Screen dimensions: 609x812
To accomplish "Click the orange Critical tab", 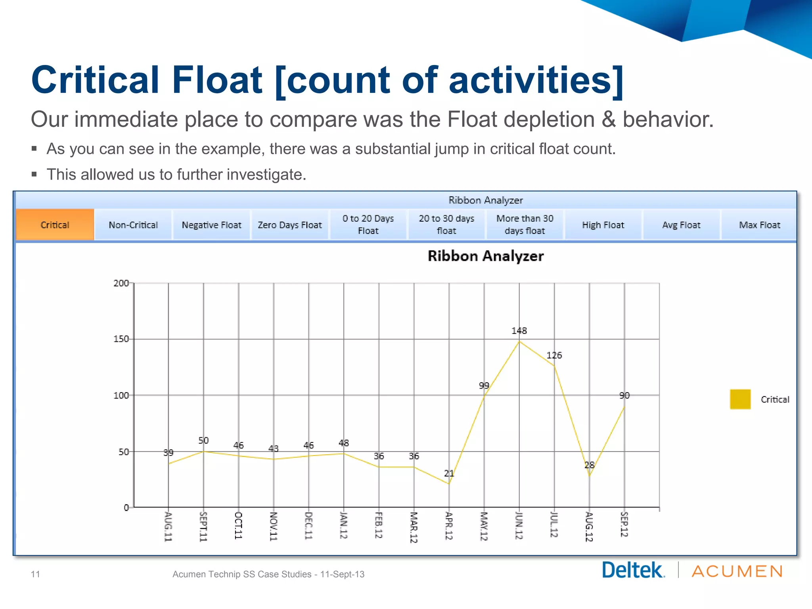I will pos(55,225).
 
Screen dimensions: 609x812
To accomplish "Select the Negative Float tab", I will pos(211,225).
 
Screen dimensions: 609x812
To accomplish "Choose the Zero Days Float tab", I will pos(290,225).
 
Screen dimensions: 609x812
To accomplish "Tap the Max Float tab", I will pos(759,225).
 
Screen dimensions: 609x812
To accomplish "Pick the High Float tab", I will pos(603,225).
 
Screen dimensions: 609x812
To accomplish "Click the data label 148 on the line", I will pos(519,331).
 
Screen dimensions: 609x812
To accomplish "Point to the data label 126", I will pos(554,355).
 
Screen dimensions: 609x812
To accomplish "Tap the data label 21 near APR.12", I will pos(449,473).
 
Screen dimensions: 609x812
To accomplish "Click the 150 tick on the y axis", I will pos(121,339).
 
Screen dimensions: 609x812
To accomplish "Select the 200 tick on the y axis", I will pos(121,283).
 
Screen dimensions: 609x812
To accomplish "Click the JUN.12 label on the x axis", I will pos(519,526).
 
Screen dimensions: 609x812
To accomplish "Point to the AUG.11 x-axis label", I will pos(168,527).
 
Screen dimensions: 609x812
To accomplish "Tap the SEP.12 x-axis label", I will pos(624,525).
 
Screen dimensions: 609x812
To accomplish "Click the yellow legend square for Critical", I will pos(740,399).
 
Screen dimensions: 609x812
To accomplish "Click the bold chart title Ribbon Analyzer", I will pos(485,256).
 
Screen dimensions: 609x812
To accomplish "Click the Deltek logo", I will pos(633,571).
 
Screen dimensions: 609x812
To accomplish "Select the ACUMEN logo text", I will pos(737,571).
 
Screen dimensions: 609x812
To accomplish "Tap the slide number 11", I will pos(35,574).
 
